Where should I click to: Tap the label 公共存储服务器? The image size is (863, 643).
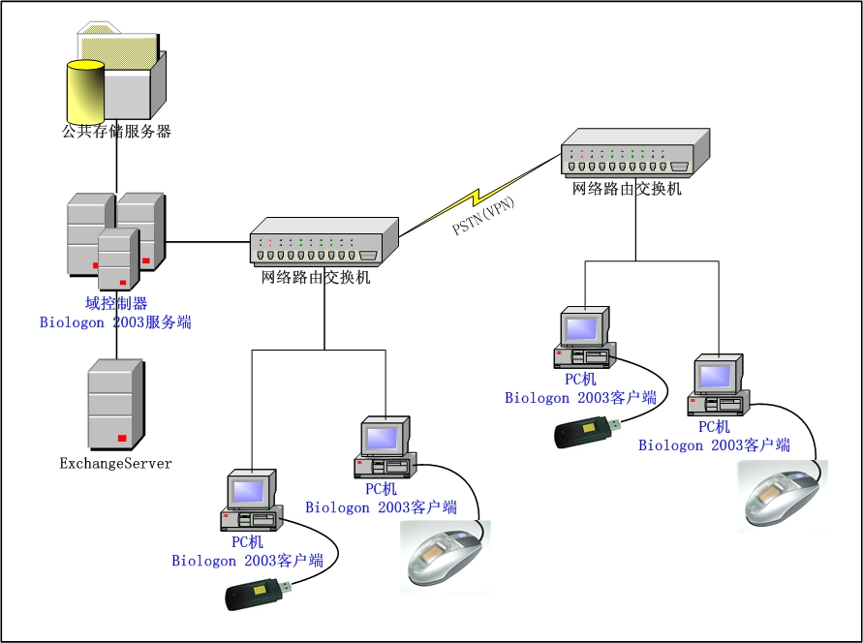pos(116,132)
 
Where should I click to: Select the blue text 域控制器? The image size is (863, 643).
pos(116,304)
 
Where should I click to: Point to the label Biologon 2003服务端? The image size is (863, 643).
pos(115,322)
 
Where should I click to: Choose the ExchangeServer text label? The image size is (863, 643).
pos(116,464)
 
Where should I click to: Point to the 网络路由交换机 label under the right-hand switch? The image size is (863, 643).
pos(628,189)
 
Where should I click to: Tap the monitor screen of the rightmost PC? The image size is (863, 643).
pos(717,375)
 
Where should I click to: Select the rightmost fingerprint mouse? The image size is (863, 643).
pos(783,495)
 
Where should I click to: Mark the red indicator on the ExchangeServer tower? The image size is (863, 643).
pos(122,439)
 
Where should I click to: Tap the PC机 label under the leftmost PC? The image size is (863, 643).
pos(248,542)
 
